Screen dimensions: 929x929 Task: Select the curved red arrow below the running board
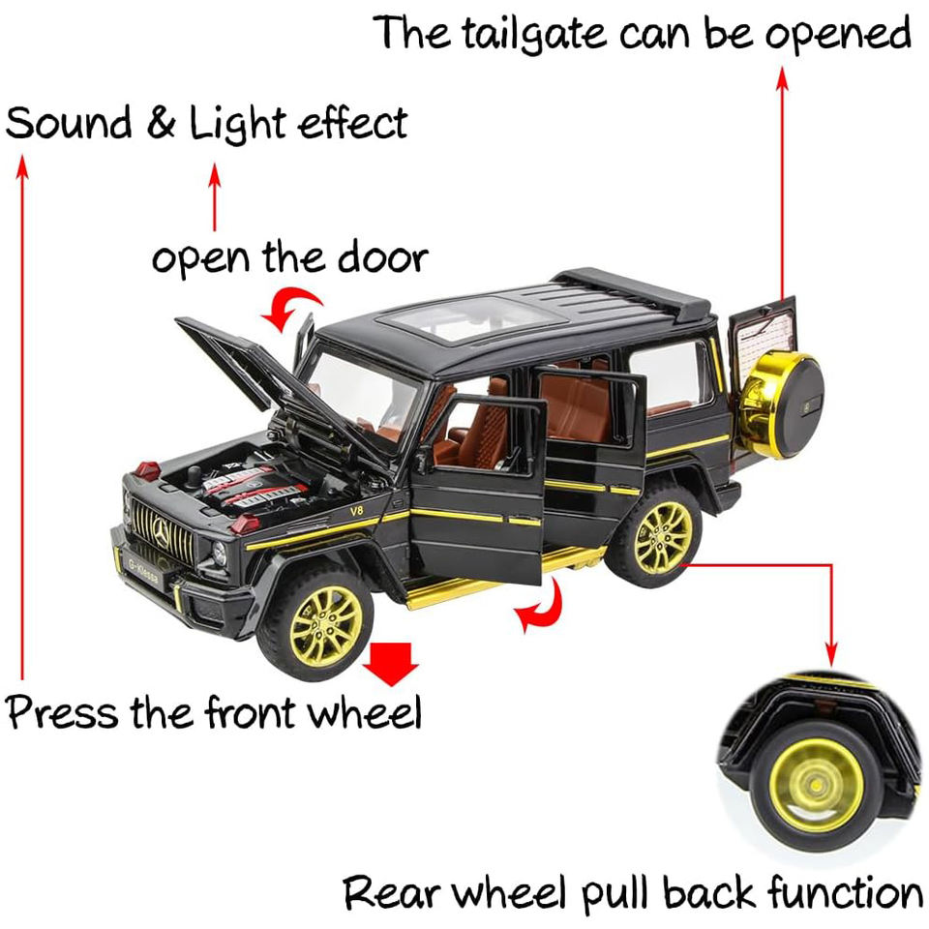(x=539, y=608)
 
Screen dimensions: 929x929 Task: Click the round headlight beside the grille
(x=219, y=553)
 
